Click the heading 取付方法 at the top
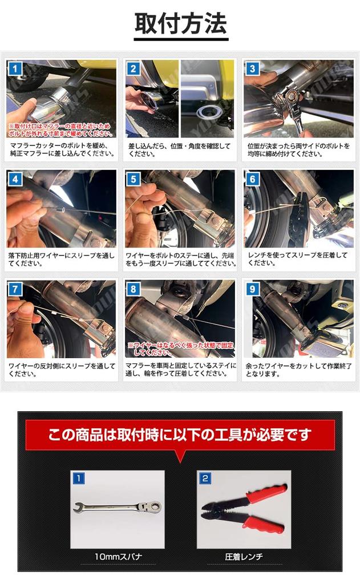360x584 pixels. point(180,25)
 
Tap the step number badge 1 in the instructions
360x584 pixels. point(15,70)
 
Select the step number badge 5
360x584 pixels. point(134,180)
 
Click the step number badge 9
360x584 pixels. point(253,289)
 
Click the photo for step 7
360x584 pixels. point(61,318)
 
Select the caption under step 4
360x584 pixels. point(61,259)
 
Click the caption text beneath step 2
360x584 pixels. point(180,150)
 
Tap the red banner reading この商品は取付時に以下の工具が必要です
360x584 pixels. point(180,435)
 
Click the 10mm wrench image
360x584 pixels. point(118,506)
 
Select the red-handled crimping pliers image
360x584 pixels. point(244,508)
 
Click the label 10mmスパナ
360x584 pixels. point(118,556)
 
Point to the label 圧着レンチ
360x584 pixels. point(244,556)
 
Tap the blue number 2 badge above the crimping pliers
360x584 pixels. point(204,478)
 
